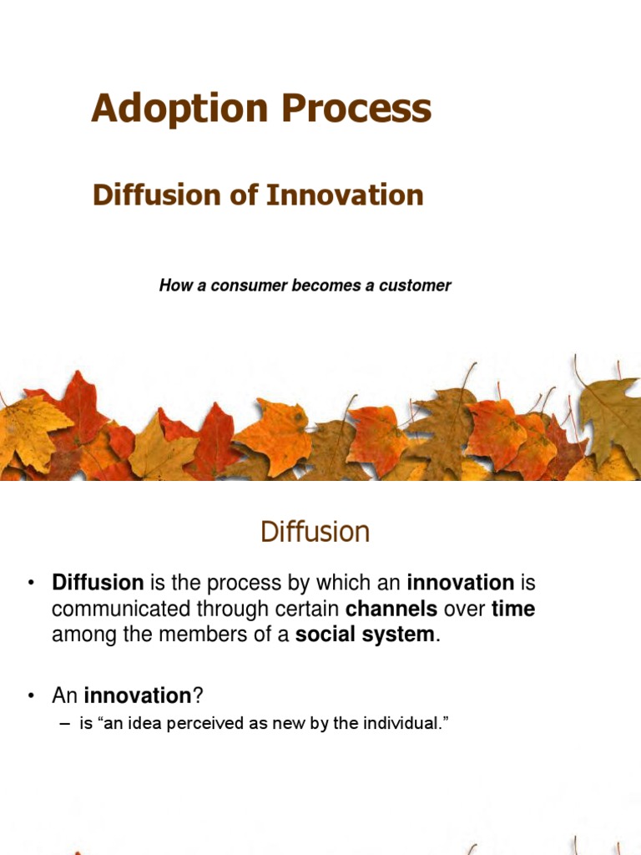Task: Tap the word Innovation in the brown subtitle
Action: tap(345, 195)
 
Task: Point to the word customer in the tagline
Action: tap(416, 286)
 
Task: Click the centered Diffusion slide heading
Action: tap(315, 532)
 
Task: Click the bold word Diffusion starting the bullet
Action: tap(98, 583)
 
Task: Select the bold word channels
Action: tap(391, 610)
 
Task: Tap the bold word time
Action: tap(513, 610)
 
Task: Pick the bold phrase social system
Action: tap(366, 635)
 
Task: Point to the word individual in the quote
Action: tap(398, 724)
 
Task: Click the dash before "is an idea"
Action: tap(65, 724)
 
